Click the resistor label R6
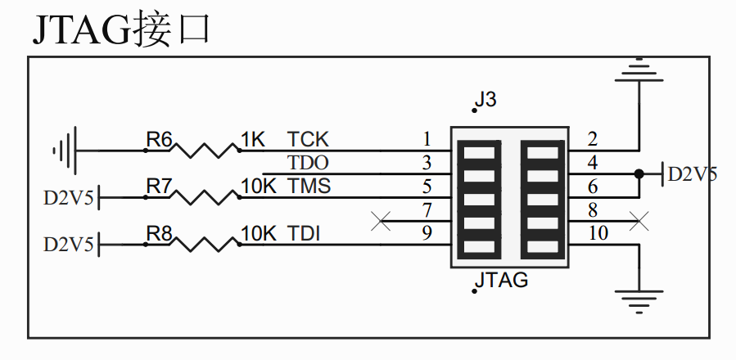pos(159,140)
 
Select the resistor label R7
pos(159,187)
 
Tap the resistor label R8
pos(159,235)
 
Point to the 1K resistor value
pos(254,140)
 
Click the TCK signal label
pos(308,140)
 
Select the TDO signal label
pos(308,163)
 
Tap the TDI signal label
pos(304,235)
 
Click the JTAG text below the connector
pos(501,281)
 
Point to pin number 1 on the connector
pos(427,139)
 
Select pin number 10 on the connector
pos(598,234)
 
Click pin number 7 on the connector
pos(427,210)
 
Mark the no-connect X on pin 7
pos(380,221)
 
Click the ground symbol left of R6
pos(65,151)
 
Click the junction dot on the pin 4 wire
pos(639,173)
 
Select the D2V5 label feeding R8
pos(69,245)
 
